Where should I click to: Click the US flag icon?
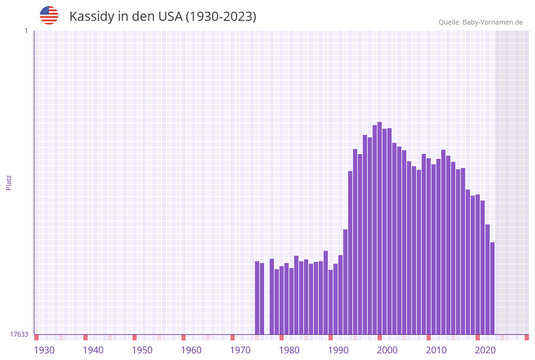point(49,15)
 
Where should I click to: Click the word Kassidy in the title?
point(92,17)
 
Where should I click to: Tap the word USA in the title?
point(167,17)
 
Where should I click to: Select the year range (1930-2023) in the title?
point(221,17)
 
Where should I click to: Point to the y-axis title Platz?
point(9,182)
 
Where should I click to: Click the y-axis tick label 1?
point(26,31)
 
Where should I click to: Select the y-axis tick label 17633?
point(19,334)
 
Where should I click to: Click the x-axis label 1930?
point(44,350)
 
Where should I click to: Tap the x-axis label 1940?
point(93,350)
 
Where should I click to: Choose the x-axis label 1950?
point(142,350)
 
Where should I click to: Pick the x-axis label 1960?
point(191,350)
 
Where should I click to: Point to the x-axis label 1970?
point(240,350)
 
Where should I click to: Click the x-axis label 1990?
point(338,350)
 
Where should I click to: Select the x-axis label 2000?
point(387,350)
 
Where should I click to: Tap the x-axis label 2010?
point(436,350)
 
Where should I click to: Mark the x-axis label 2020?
point(485,350)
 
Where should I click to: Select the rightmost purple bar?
point(492,288)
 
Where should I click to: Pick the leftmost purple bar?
point(257,297)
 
